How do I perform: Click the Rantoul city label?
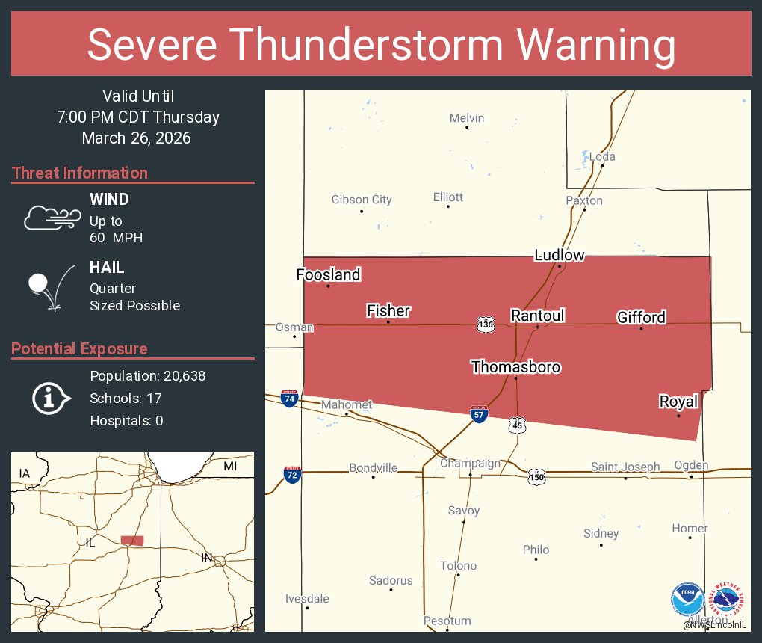click(537, 316)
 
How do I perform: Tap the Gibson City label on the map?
click(362, 200)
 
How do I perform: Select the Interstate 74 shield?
click(289, 398)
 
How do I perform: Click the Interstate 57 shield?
click(480, 414)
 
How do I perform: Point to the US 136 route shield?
click(486, 324)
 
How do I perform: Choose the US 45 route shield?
click(517, 425)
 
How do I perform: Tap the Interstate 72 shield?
click(291, 474)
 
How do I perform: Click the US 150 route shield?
click(536, 476)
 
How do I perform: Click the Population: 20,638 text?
click(147, 375)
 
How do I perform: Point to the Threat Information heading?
click(80, 173)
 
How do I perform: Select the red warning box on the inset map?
click(132, 540)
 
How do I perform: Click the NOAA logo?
click(687, 600)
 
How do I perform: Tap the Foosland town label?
click(328, 274)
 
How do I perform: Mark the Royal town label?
click(678, 402)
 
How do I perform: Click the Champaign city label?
click(470, 463)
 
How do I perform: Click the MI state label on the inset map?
click(230, 466)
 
